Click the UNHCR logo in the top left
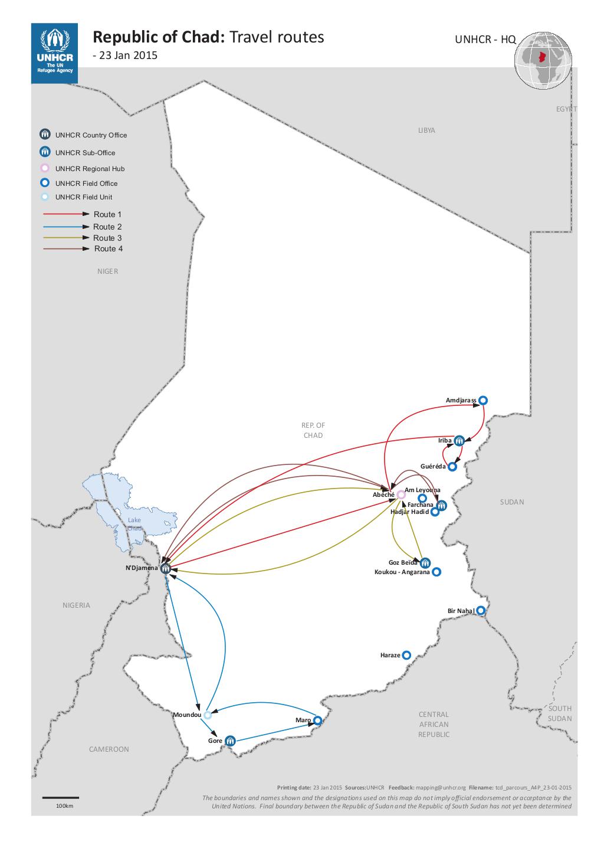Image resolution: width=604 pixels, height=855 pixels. tap(54, 53)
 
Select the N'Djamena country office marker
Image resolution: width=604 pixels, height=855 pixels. tap(166, 568)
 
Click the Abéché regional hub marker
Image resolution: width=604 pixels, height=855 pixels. tap(401, 494)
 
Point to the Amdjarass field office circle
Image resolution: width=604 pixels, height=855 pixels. tap(483, 400)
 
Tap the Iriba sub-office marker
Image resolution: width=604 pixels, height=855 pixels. tap(459, 440)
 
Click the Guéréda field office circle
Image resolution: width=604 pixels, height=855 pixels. tap(452, 466)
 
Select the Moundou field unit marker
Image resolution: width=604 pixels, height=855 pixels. tap(208, 715)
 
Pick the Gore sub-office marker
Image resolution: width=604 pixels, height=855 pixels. tap(230, 741)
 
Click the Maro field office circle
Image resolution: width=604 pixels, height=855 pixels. tap(317, 720)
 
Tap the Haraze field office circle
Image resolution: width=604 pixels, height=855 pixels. tap(406, 655)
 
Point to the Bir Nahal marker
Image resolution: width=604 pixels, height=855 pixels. tap(481, 611)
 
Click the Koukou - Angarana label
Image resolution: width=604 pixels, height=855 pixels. tap(402, 572)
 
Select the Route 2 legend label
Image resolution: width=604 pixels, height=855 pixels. tap(107, 227)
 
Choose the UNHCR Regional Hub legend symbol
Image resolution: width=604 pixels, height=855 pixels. tap(44, 168)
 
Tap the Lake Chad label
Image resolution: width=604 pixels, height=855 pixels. tap(134, 524)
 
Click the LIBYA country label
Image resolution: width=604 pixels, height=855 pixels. tap(426, 130)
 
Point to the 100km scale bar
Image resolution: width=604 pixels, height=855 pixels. tap(61, 798)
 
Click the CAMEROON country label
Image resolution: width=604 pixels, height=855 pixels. tap(109, 749)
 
